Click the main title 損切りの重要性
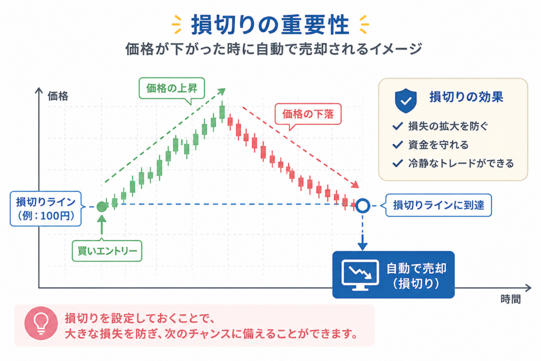(270, 25)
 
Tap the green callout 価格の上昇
(172, 88)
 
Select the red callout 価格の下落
(308, 114)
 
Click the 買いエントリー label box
(107, 251)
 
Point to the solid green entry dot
(102, 207)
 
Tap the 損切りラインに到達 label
(438, 206)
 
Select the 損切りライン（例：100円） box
(46, 209)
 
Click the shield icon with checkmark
(406, 101)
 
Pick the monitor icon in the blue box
(360, 275)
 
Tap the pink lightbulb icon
(41, 323)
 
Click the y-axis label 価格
(58, 96)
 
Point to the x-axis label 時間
(511, 299)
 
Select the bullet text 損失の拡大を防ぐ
(448, 126)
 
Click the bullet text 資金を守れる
(438, 145)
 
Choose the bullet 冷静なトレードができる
(461, 163)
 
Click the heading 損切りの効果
(466, 97)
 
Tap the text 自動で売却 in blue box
(416, 268)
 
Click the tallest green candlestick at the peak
(222, 112)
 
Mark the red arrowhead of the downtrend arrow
(356, 184)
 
